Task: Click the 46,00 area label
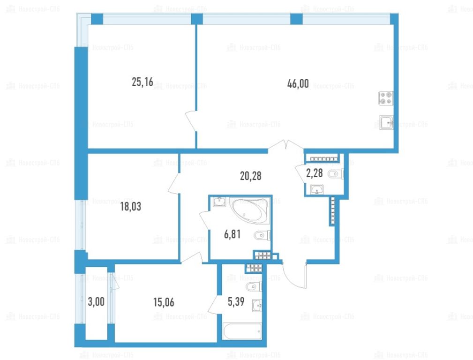[298, 83]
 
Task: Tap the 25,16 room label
[143, 82]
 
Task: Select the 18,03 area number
[131, 206]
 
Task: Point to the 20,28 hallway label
[251, 176]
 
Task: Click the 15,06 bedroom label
[164, 302]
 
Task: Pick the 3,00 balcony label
[96, 301]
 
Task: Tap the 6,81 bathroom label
[232, 234]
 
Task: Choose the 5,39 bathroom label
[236, 301]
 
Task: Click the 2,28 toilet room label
[315, 173]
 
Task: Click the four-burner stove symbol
[386, 98]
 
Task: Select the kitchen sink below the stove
[386, 122]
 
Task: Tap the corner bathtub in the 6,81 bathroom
[249, 210]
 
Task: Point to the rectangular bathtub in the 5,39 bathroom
[242, 331]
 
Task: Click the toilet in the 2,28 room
[336, 174]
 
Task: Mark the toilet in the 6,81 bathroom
[263, 235]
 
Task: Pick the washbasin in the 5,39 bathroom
[257, 306]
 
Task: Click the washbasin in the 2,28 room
[317, 189]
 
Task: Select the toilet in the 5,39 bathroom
[254, 287]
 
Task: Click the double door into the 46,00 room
[286, 145]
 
